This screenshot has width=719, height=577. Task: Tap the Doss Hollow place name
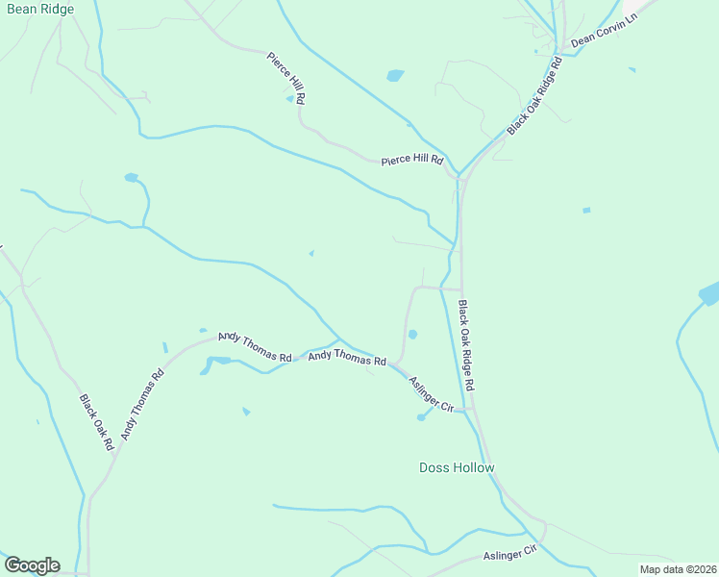457,468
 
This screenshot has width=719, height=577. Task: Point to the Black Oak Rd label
96,423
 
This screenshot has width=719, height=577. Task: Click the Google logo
32,565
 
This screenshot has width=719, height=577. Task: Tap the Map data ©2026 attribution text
678,569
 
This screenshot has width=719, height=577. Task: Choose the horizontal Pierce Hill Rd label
411,160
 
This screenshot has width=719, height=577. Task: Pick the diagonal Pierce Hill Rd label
286,77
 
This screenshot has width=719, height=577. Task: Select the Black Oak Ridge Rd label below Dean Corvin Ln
533,96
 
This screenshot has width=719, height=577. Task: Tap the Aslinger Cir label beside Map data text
509,553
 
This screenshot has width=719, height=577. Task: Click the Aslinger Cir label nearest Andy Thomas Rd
431,393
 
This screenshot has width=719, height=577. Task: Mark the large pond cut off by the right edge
709,294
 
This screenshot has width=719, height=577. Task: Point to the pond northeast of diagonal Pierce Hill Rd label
395,75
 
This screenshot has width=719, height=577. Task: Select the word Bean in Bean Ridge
20,9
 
